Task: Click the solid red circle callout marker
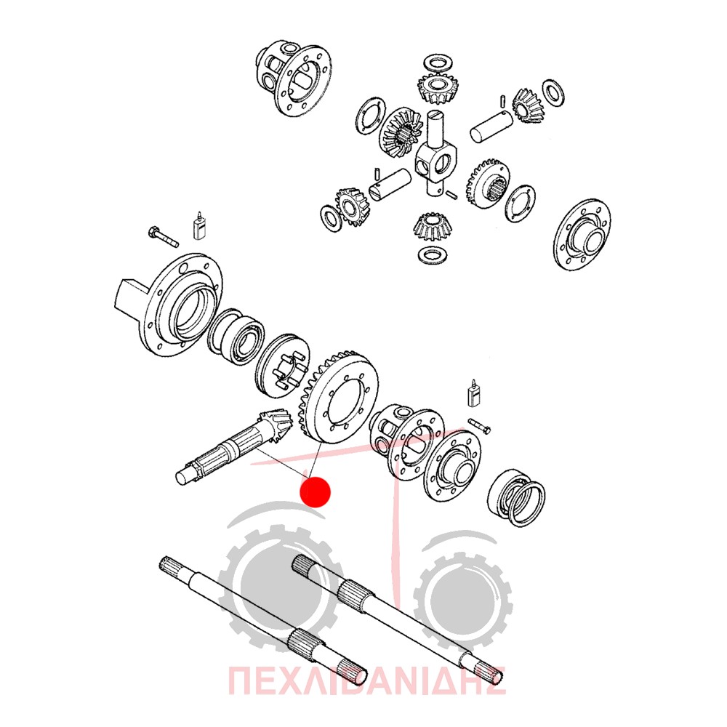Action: tap(316, 492)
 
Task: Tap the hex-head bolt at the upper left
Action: tap(163, 236)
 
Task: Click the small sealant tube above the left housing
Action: tap(199, 226)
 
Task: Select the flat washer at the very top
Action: tap(438, 63)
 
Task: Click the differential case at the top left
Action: tap(294, 78)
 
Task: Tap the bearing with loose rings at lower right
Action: tap(516, 498)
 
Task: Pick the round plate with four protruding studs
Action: tap(282, 366)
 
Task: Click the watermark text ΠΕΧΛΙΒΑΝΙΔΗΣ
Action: tap(366, 680)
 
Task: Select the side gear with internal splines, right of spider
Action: tap(488, 182)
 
